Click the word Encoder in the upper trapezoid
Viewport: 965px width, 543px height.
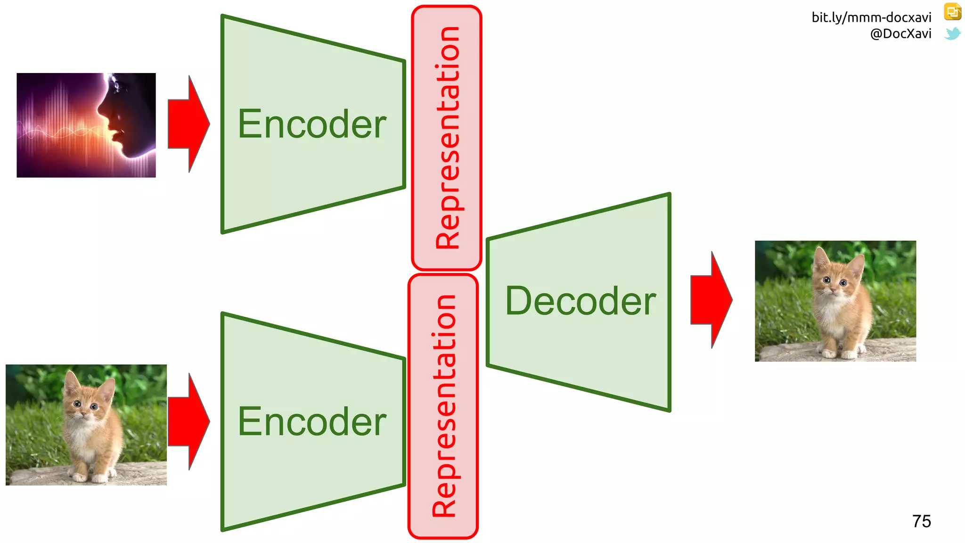click(x=312, y=124)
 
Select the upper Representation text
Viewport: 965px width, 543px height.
click(x=447, y=138)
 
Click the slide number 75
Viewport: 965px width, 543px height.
click(x=921, y=521)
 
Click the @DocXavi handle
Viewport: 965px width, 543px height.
click(x=900, y=33)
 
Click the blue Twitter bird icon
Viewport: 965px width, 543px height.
click(x=952, y=33)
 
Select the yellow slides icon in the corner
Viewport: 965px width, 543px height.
click(x=952, y=12)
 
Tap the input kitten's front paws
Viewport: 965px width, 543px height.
click(x=90, y=477)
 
